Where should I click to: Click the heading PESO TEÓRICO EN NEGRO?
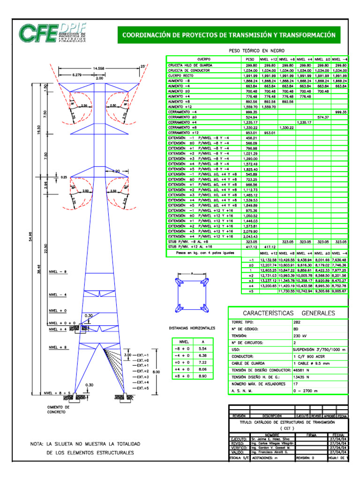click(256, 50)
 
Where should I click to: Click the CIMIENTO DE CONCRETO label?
click(58, 410)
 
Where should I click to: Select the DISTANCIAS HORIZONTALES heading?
click(192, 328)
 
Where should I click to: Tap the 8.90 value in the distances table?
click(202, 376)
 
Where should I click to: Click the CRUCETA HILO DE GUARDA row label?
click(187, 65)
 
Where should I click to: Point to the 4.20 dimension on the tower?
click(116, 172)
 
